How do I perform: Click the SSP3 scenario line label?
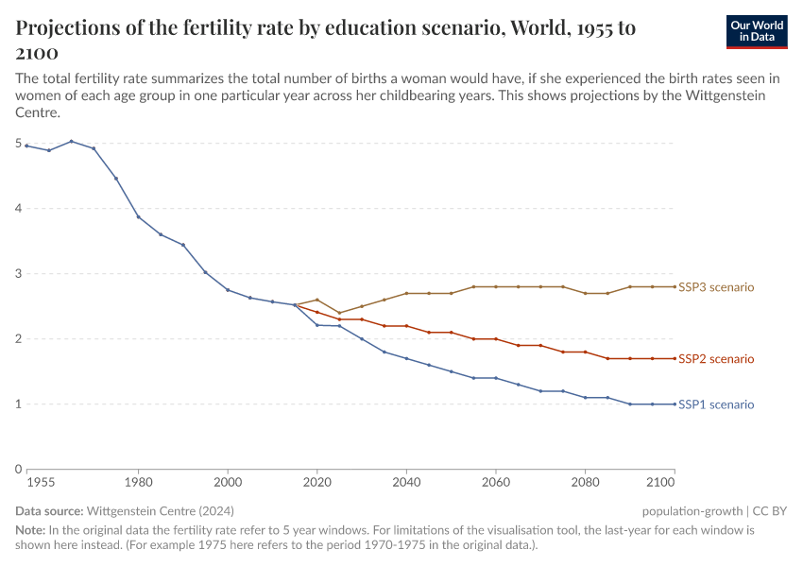[x=716, y=286]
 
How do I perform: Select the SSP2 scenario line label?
[x=716, y=359]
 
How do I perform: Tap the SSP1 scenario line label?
[x=716, y=404]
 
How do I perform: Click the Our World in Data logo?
[x=756, y=31]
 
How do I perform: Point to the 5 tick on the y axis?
[x=18, y=144]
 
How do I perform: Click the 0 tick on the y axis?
[x=18, y=470]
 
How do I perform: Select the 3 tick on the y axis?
[x=18, y=274]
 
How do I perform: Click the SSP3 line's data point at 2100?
[x=675, y=286]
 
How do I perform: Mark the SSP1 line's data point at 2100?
[x=675, y=404]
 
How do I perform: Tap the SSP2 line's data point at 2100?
[x=675, y=358]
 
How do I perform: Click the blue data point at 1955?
[x=26, y=146]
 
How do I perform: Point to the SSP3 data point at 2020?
[x=317, y=300]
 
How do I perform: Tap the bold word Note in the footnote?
[x=31, y=530]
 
